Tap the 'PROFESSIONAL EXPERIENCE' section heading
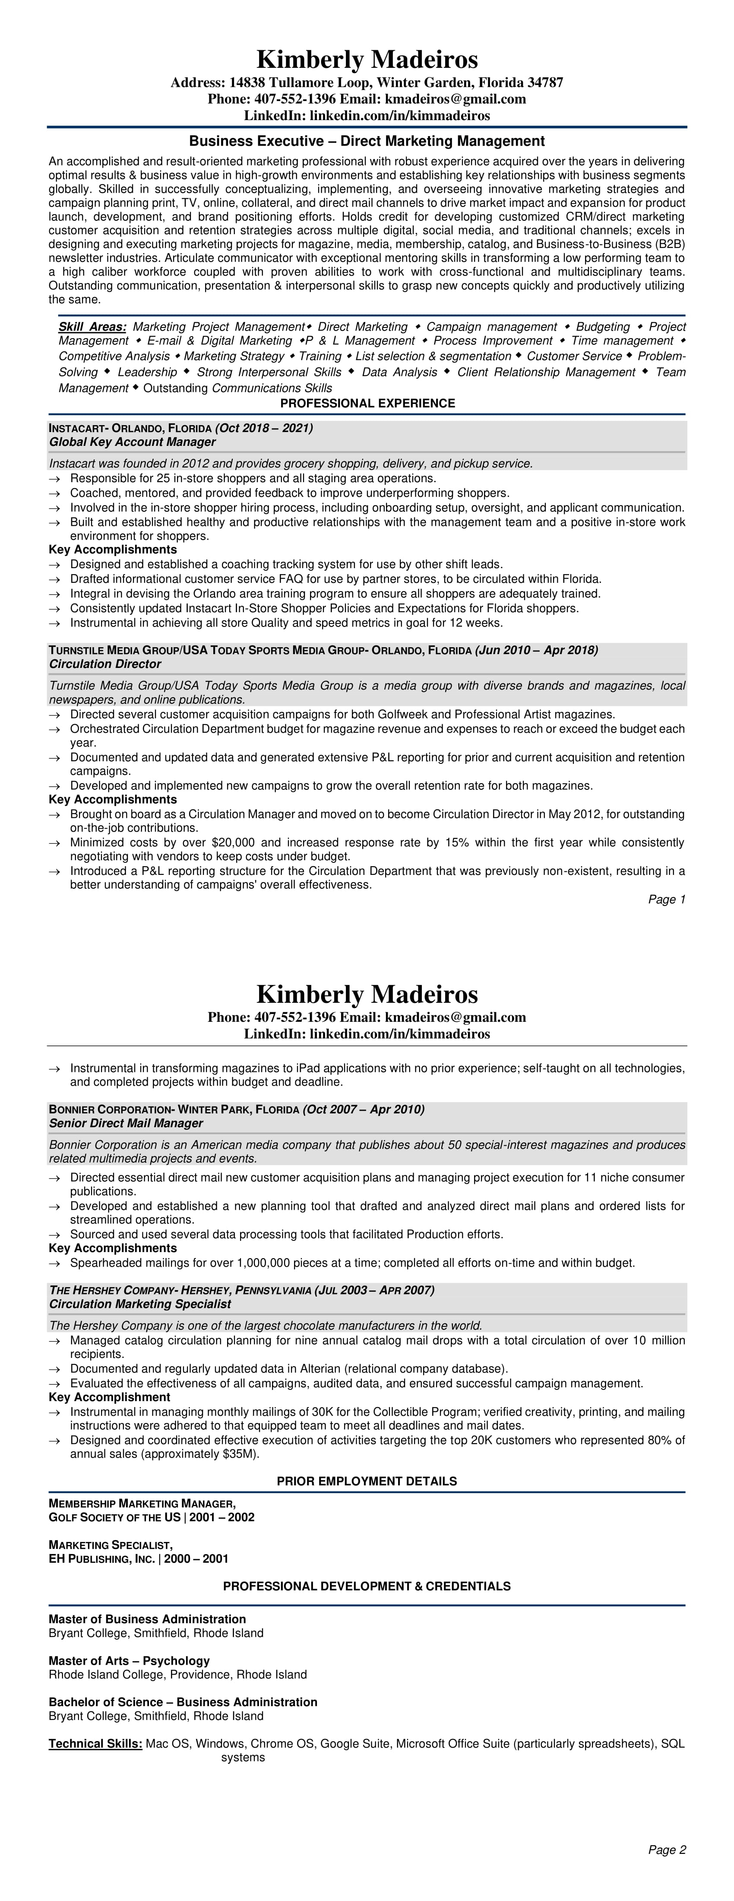(367, 404)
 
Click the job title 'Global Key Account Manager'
(132, 442)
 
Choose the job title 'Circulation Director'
(105, 664)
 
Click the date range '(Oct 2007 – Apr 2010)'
(364, 1109)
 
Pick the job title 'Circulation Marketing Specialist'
(140, 1304)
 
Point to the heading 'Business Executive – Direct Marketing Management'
(367, 141)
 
